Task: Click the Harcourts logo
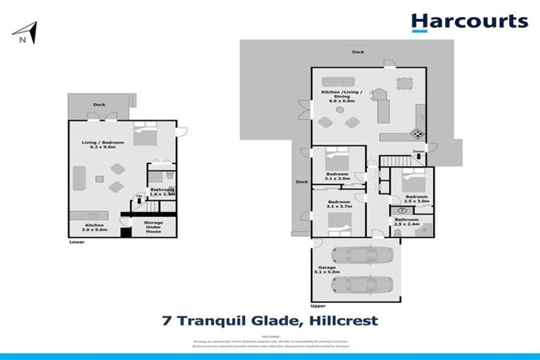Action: tap(469, 22)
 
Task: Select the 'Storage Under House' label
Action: tap(153, 226)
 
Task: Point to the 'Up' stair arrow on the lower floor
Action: tap(139, 199)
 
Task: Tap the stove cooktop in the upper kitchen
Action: tap(417, 134)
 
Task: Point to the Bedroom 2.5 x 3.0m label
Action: tap(417, 199)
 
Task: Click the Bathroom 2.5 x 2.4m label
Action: tap(406, 222)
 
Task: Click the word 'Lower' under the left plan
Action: tap(77, 242)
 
